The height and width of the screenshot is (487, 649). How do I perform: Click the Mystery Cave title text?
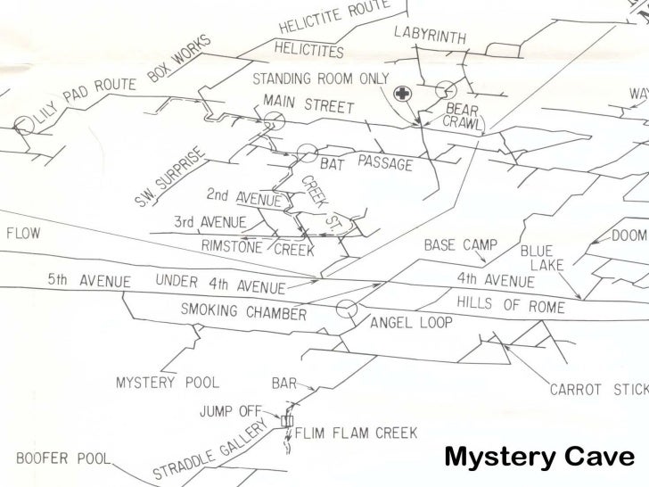click(x=538, y=458)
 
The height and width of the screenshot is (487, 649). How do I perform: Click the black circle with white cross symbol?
click(x=404, y=93)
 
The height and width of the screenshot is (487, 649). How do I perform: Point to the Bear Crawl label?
click(x=464, y=117)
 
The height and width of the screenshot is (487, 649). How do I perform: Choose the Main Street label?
click(x=309, y=105)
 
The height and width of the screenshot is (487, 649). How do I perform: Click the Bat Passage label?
click(x=366, y=163)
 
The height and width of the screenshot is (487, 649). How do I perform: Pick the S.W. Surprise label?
click(x=171, y=176)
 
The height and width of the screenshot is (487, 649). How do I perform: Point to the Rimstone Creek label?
click(x=258, y=247)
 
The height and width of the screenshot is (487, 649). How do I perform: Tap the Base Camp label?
click(x=460, y=244)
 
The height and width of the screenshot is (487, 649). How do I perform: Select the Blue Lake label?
click(x=546, y=258)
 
